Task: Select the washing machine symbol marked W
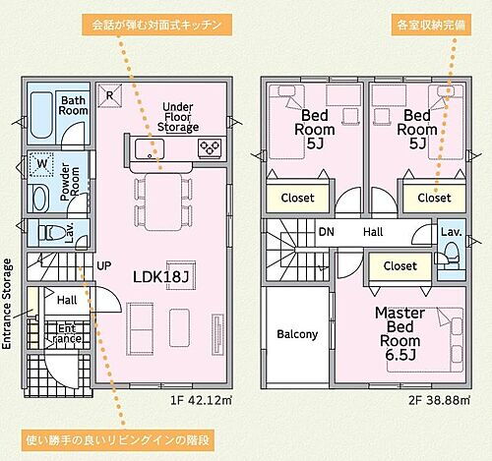(42, 162)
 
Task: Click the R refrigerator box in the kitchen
(111, 93)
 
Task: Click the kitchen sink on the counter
(148, 149)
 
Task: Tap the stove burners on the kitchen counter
(210, 149)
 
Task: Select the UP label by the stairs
(103, 264)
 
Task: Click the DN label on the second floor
(326, 233)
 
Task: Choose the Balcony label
(296, 334)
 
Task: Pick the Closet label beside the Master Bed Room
(400, 265)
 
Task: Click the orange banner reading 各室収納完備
(436, 22)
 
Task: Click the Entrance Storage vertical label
(9, 305)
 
